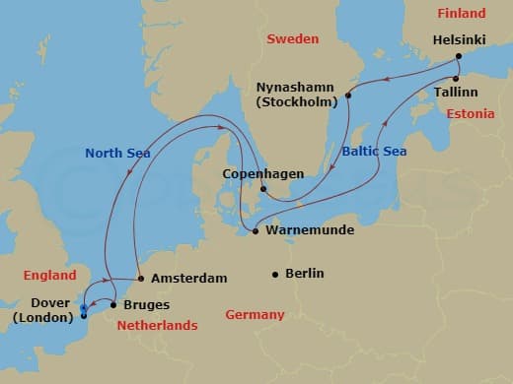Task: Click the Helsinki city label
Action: [460, 40]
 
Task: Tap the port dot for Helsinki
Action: [459, 57]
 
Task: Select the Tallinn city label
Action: [454, 92]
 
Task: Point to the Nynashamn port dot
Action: [348, 96]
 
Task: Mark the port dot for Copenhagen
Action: [263, 189]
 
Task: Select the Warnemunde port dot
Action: [256, 231]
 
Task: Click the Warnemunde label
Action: [305, 232]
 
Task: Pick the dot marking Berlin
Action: [275, 274]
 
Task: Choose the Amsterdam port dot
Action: [141, 279]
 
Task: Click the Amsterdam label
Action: [188, 279]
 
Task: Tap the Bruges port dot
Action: [113, 305]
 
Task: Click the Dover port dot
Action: [83, 315]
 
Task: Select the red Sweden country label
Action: [292, 39]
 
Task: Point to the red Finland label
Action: [462, 14]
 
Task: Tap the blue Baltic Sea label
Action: [372, 153]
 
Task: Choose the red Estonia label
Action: [470, 114]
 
